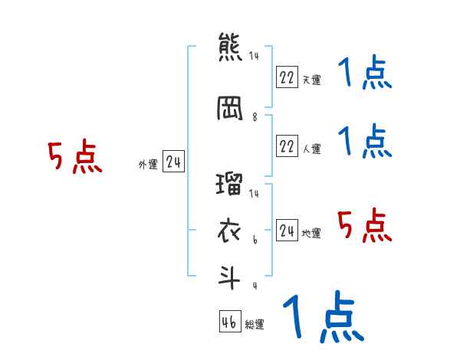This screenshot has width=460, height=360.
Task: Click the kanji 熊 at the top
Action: tap(230, 47)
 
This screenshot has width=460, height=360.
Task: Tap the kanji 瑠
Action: tap(230, 185)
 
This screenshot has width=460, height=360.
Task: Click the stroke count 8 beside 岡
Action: tap(255, 118)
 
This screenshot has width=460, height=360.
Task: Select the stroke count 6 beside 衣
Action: tap(255, 240)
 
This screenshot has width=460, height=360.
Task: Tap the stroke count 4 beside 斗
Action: tap(255, 286)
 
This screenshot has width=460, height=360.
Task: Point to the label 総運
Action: tap(255, 325)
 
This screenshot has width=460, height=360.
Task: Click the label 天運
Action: tap(311, 80)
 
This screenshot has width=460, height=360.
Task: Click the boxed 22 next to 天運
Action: tap(287, 77)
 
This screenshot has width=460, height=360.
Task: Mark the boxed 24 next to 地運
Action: tap(287, 231)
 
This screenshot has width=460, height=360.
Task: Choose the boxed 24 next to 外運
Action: tap(173, 162)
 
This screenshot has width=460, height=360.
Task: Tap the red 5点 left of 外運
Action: tap(74, 157)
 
